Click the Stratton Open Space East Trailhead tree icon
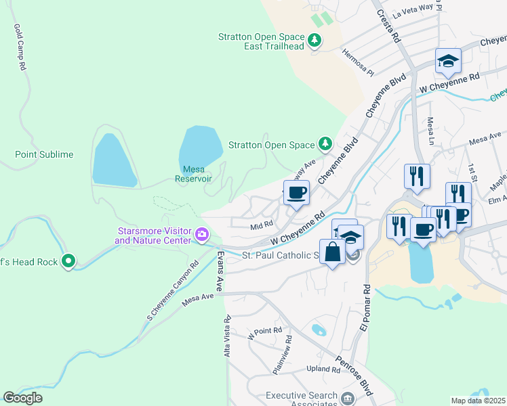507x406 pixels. click(315, 41)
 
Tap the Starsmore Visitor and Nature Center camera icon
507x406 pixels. click(201, 235)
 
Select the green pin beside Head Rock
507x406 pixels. click(68, 261)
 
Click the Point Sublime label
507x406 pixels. click(44, 154)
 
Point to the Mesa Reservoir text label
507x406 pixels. click(193, 174)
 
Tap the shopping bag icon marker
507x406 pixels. click(333, 252)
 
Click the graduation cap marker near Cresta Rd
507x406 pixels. click(448, 62)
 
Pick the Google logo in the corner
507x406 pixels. click(22, 398)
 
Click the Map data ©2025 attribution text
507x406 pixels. click(479, 401)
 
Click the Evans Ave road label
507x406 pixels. click(220, 271)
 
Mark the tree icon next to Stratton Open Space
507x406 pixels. click(325, 144)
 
